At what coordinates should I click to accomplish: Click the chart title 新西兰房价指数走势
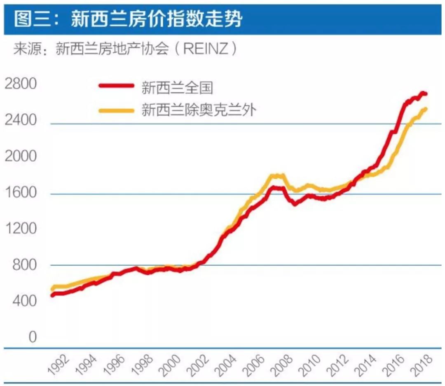pos(157,18)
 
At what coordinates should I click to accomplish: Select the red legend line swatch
pos(116,86)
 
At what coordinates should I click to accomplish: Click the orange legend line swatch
pos(116,110)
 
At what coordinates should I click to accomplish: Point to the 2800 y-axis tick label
pos(21,84)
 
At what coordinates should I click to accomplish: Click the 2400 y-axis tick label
pos(21,120)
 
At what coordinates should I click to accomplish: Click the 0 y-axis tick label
pos(32,337)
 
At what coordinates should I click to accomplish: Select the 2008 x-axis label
pos(283,365)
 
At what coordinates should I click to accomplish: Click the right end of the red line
pos(425,94)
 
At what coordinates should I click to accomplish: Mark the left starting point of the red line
pos(52,295)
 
